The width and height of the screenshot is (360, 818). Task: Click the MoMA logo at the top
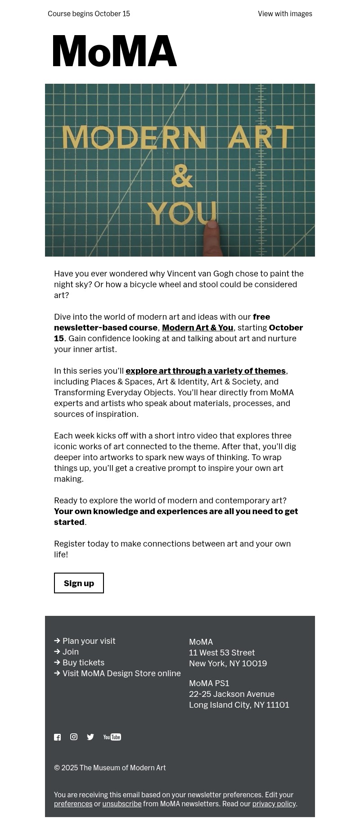(x=115, y=51)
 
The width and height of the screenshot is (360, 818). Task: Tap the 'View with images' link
(x=285, y=14)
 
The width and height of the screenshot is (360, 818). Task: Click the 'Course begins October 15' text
(x=89, y=14)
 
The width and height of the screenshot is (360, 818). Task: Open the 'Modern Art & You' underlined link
(x=198, y=328)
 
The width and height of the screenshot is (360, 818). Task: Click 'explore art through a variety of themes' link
(x=206, y=371)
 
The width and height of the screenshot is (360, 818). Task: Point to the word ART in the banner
(x=261, y=136)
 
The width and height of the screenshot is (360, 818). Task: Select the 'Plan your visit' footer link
(x=89, y=641)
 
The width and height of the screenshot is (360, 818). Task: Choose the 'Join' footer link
(x=71, y=652)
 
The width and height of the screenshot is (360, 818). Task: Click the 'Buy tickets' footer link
(x=83, y=663)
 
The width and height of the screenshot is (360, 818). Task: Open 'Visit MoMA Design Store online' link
(x=121, y=673)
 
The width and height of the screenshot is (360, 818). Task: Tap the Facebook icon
(x=58, y=737)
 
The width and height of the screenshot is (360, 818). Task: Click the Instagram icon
(x=74, y=737)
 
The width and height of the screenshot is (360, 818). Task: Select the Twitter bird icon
(x=90, y=737)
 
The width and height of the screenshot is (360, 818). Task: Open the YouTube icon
(x=112, y=737)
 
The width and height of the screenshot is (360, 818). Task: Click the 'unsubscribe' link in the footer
(x=121, y=804)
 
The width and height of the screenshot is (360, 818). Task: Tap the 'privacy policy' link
(x=274, y=804)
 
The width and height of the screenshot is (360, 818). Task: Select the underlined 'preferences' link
(x=73, y=804)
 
